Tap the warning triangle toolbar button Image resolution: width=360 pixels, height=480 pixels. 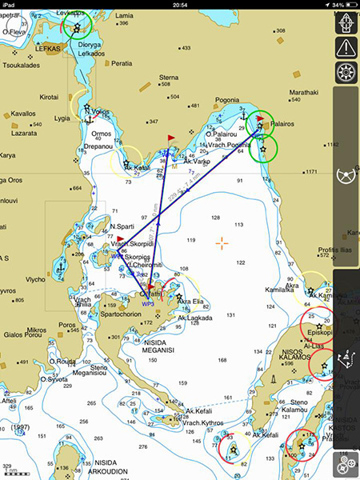tap(346, 47)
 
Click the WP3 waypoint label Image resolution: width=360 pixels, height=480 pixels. tap(147, 305)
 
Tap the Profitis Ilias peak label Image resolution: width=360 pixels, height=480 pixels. tap(336, 249)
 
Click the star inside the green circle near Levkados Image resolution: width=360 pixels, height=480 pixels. tap(76, 28)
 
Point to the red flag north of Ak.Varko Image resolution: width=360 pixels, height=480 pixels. tap(170, 139)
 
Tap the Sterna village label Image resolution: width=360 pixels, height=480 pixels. tap(169, 78)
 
